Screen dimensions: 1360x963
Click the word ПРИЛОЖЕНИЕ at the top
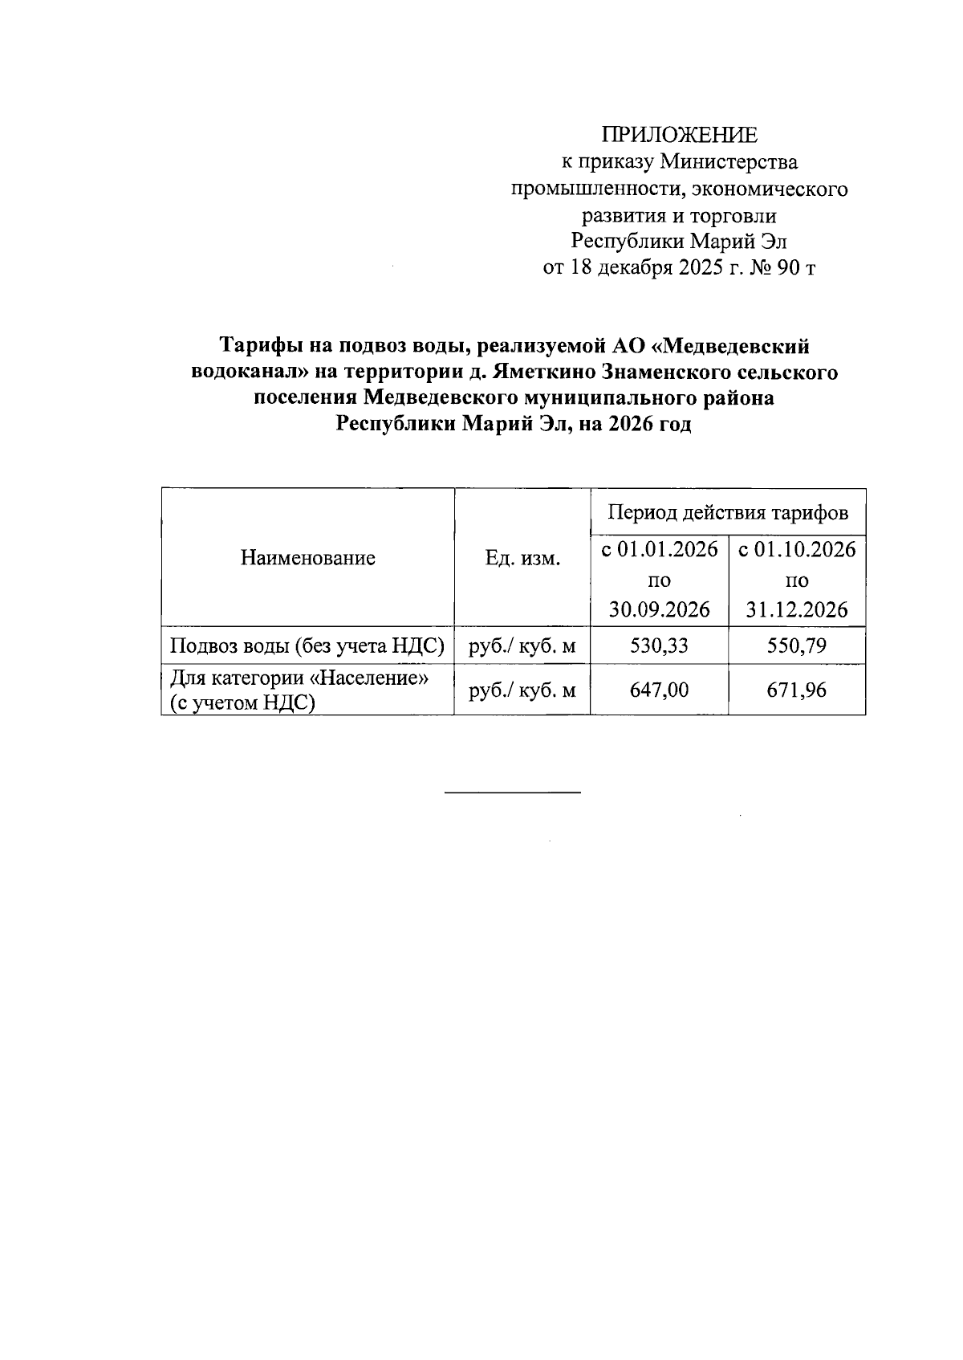tap(680, 134)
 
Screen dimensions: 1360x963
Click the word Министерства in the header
tap(729, 162)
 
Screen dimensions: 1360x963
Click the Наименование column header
tap(307, 558)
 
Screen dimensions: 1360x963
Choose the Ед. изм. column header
tap(522, 558)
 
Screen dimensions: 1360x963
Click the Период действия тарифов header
tap(727, 512)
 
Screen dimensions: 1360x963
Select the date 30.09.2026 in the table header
tap(659, 609)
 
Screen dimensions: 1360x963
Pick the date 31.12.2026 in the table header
tap(796, 609)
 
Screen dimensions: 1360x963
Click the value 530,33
tap(659, 645)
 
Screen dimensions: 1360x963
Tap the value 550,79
tap(796, 645)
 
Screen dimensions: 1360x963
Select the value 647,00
tap(659, 689)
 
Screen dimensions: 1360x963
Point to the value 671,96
tap(796, 689)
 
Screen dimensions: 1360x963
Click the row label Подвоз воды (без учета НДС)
tap(307, 645)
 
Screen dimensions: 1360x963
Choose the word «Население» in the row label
tap(369, 678)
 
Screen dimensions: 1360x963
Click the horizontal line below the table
tap(512, 793)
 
